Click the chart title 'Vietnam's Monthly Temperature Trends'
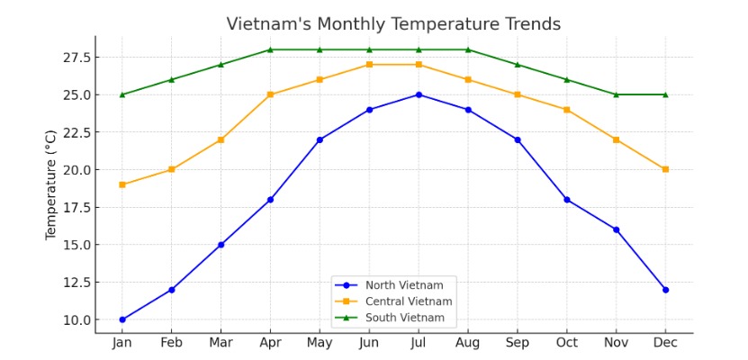(x=393, y=24)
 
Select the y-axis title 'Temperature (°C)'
(x=51, y=184)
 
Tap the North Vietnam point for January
(x=122, y=319)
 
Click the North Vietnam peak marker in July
(x=419, y=94)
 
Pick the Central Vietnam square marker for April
(x=270, y=94)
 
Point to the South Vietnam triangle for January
(x=122, y=94)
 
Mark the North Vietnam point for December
(x=665, y=290)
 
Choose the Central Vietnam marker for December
(x=665, y=169)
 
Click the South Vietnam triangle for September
(x=517, y=65)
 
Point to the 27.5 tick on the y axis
(x=77, y=58)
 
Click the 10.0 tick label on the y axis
(x=77, y=319)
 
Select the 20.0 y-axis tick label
(x=77, y=169)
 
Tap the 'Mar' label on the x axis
(x=221, y=343)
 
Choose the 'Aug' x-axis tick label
(x=468, y=343)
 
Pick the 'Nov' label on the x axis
(x=616, y=343)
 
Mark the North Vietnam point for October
(x=566, y=200)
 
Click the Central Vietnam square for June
(x=369, y=65)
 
